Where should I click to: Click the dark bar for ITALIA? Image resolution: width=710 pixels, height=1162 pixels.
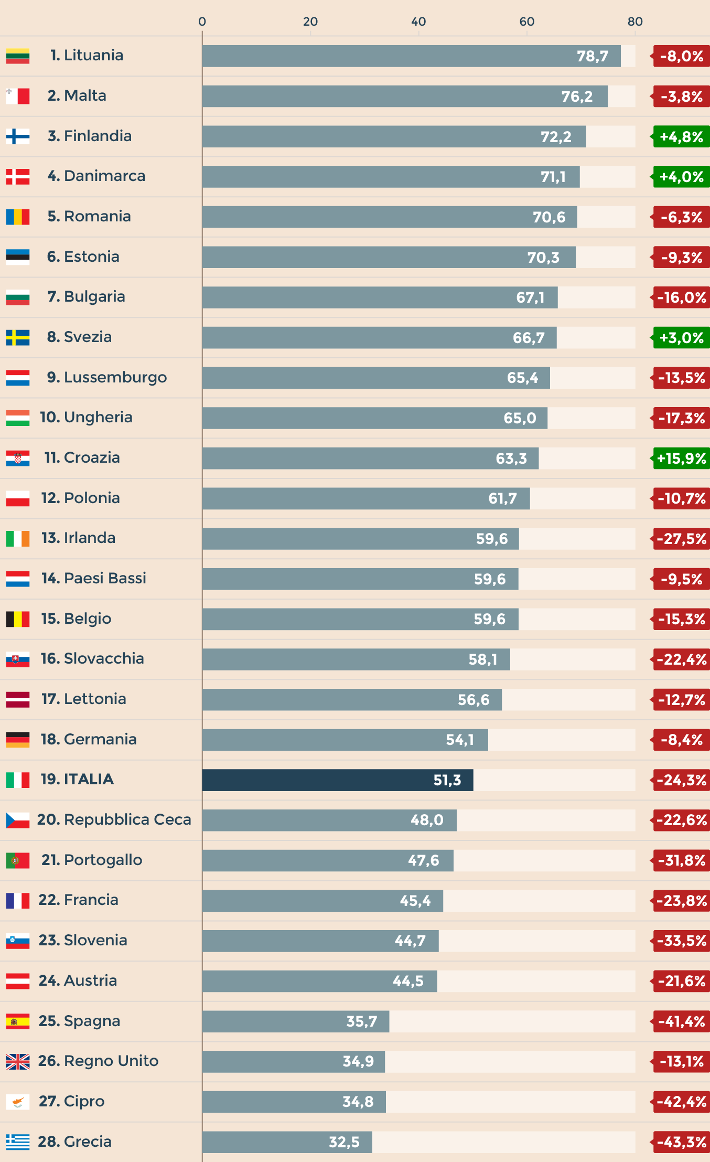[x=337, y=780]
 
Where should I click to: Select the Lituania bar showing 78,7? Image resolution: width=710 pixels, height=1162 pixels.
[x=411, y=56]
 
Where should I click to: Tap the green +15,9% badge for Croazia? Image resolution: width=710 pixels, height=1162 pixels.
[x=681, y=459]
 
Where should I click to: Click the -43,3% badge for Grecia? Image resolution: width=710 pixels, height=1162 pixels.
[x=681, y=1142]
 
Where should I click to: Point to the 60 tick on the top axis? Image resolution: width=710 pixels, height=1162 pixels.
[x=526, y=22]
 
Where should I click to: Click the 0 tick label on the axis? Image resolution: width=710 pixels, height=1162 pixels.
[x=202, y=22]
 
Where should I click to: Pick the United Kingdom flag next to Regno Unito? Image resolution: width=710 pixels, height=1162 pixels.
[x=18, y=1062]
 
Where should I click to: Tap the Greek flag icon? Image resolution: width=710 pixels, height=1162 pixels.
[x=18, y=1142]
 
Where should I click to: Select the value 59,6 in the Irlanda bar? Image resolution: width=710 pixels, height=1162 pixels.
[x=491, y=539]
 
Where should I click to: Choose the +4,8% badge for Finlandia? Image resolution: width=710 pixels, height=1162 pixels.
[x=681, y=136]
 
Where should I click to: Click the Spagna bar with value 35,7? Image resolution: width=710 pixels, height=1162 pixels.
[x=296, y=1021]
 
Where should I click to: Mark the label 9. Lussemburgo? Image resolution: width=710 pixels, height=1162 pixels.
[x=107, y=377]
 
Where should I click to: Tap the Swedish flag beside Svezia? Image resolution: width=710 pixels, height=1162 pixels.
[x=18, y=338]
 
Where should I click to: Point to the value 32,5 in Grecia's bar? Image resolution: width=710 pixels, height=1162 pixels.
[x=344, y=1142]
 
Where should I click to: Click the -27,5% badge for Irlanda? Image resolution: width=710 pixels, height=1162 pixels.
[x=681, y=539]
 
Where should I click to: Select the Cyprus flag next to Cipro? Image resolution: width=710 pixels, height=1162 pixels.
[x=18, y=1102]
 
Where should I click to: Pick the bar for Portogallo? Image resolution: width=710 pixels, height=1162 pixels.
[x=328, y=860]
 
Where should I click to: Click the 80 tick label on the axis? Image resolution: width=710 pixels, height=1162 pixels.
[x=634, y=22]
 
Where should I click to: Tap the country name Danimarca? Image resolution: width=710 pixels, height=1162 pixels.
[x=104, y=176]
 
